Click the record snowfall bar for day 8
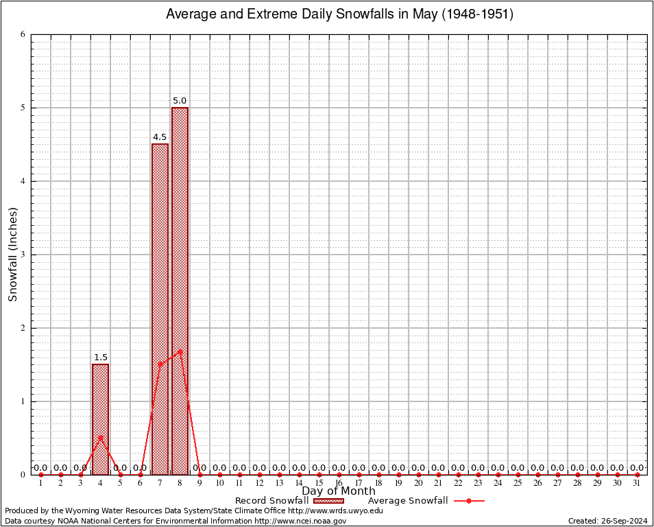tap(180, 291)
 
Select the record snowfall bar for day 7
tap(160, 309)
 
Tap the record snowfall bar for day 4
tap(100, 419)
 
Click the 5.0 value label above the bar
tap(180, 101)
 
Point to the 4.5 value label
tap(160, 137)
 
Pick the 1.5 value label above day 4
tap(100, 358)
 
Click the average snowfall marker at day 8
tap(180, 351)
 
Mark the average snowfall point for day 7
tap(160, 364)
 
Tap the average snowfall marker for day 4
tap(100, 437)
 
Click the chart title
tap(339, 14)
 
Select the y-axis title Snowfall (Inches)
tap(13, 255)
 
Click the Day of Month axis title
tap(339, 491)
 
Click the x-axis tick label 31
tap(637, 484)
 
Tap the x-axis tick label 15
tap(319, 484)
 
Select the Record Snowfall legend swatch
tap(329, 501)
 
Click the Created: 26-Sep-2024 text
tap(607, 522)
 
